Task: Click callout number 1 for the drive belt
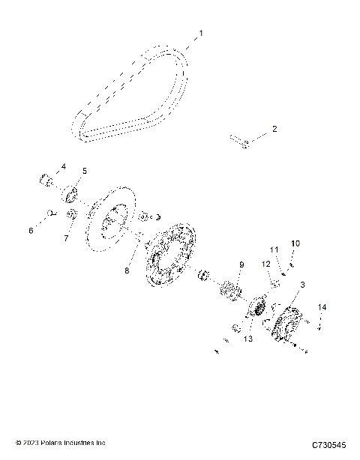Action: pos(200,33)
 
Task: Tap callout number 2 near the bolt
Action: pos(274,129)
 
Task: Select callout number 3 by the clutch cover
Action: pos(302,285)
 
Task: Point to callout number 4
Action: pos(63,166)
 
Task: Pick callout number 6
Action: pos(31,231)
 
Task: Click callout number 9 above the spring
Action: pos(241,264)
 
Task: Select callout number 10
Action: pos(295,243)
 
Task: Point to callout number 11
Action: pos(274,249)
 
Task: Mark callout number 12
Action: pos(265,264)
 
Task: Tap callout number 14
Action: pos(322,307)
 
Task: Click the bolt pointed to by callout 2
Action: pos(239,140)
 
